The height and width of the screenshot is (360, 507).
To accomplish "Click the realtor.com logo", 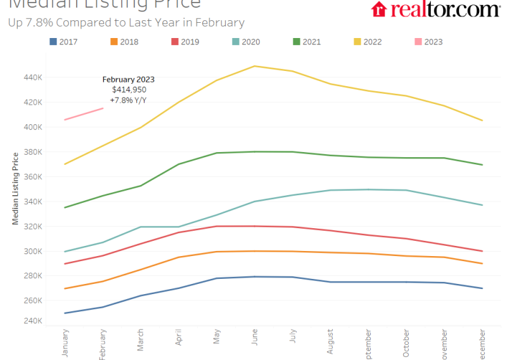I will pos(435,10).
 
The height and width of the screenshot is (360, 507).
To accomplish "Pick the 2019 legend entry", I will pos(185,42).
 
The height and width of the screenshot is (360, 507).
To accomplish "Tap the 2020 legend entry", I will pos(246,42).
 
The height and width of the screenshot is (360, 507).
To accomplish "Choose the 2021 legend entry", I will pos(306,42).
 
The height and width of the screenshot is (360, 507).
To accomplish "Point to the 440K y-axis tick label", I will pos(32,77).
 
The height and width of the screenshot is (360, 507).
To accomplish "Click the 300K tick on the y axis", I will pos(32,251).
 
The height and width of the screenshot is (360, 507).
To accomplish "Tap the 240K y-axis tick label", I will pos(32,321).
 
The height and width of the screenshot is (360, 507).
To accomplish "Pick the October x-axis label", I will pos(406,344).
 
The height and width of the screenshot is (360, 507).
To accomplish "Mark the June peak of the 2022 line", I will pos(254,66).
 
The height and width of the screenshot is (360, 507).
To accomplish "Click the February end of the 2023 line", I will pos(103,108).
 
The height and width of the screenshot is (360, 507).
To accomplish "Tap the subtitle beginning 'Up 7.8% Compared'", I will pos(126,23).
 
